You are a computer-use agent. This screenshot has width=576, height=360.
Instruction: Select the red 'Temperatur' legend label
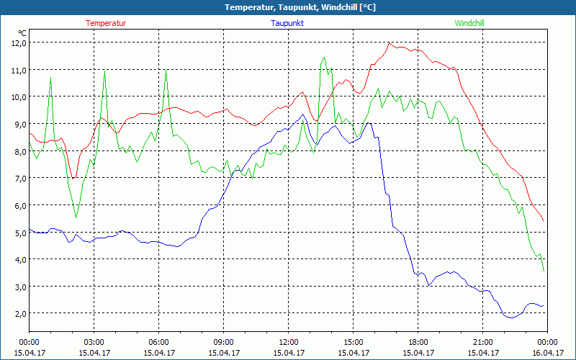click(106, 23)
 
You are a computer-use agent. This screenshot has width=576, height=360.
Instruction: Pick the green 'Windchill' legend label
click(469, 23)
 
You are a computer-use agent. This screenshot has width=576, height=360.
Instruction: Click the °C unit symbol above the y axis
click(22, 32)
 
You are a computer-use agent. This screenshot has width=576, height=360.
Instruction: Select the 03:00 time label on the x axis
click(94, 342)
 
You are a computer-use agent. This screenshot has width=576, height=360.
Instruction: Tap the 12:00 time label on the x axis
click(289, 342)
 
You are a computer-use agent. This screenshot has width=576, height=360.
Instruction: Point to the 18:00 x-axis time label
click(418, 342)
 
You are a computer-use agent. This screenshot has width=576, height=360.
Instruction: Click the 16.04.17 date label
click(548, 353)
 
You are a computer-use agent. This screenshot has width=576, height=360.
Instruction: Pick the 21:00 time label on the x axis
click(483, 342)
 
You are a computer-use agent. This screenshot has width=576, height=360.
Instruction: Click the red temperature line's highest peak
click(389, 42)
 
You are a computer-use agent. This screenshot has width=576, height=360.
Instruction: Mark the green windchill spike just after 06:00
click(166, 70)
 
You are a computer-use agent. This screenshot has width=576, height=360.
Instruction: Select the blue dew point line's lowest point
click(510, 318)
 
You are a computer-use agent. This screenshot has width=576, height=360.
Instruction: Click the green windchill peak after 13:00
click(324, 58)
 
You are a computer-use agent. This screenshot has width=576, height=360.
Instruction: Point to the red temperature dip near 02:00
click(73, 178)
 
